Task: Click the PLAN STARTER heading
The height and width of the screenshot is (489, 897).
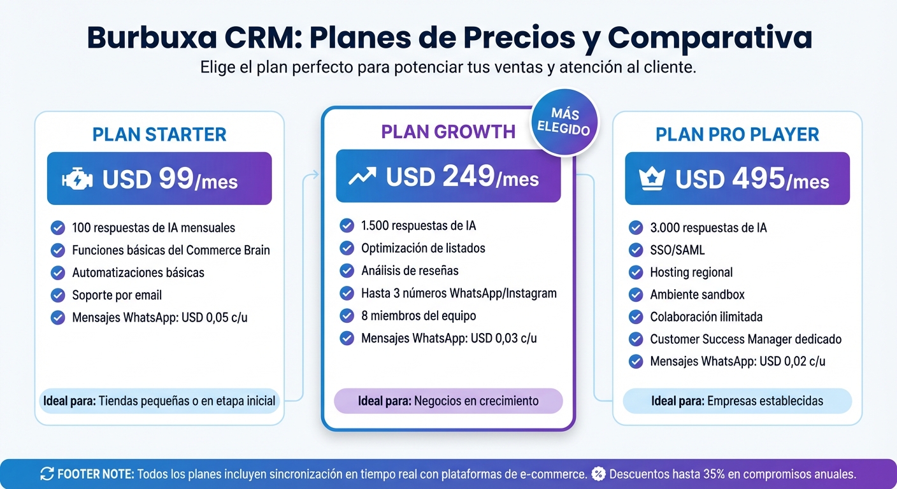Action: [x=159, y=134]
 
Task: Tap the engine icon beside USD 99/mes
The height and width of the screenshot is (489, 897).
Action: [x=77, y=180]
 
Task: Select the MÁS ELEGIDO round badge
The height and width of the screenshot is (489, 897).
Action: [x=564, y=121]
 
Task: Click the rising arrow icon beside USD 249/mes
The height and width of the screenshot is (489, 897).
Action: [x=362, y=177]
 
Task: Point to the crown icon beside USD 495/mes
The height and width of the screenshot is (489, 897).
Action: [x=652, y=180]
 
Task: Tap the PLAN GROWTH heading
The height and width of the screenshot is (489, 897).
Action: [x=448, y=132]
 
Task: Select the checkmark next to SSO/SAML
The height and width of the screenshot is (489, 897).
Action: [x=636, y=250]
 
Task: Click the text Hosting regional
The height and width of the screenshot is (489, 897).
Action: [x=691, y=273]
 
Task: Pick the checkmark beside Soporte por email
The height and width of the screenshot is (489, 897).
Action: [x=58, y=295]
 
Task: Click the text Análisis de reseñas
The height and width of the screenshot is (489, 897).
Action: [x=410, y=271]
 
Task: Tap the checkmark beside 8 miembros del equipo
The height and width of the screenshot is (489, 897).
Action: [x=347, y=316]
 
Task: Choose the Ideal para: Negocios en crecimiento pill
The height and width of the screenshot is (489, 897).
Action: [x=448, y=401]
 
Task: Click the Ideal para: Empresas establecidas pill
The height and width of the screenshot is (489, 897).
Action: [x=737, y=401]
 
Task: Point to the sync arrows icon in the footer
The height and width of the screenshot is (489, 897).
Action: [x=47, y=474]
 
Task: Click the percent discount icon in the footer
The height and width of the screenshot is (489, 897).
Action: [x=598, y=474]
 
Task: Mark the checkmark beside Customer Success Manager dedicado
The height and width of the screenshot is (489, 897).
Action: [x=636, y=339]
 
